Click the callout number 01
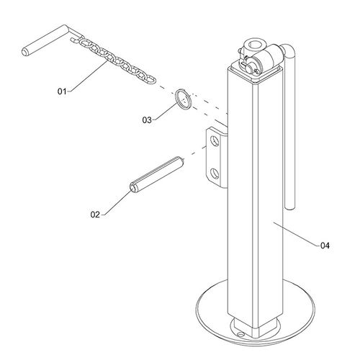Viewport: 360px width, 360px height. pos(62,91)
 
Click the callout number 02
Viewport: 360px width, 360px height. pos(95,215)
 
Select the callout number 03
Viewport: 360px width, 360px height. pos(147,120)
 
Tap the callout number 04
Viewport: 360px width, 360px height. pos(325,246)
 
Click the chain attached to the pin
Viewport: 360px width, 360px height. pos(114,59)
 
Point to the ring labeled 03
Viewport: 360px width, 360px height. pos(184,99)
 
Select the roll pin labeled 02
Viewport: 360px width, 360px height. pos(157,174)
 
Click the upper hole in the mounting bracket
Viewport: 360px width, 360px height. pos(215,141)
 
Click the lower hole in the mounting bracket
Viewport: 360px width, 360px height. pos(215,174)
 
